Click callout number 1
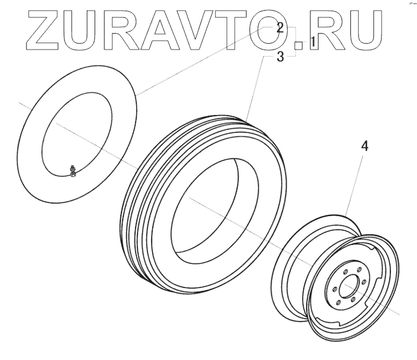(x=313, y=42)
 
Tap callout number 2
(x=281, y=27)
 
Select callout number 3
(x=281, y=57)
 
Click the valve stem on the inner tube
(x=72, y=171)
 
